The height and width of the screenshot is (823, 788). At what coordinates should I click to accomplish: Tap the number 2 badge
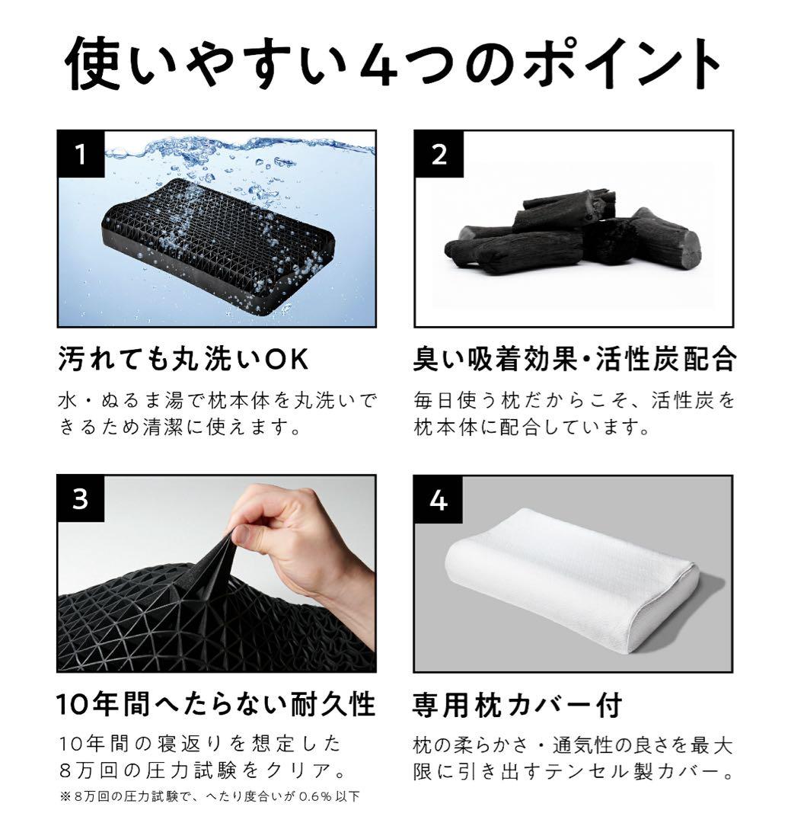coord(438,155)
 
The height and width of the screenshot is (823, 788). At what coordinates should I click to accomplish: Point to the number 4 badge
coord(438,499)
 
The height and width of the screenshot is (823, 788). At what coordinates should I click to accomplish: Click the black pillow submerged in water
coord(217,244)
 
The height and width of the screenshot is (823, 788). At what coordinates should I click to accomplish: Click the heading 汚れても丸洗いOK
coord(183,360)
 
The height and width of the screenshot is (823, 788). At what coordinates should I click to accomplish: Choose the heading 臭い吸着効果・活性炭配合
coord(575,360)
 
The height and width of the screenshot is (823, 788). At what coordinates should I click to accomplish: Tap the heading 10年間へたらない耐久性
coord(216,704)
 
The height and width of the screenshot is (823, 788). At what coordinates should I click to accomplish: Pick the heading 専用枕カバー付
coord(517,704)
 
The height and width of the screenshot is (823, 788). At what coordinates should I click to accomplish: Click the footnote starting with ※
coord(209,797)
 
